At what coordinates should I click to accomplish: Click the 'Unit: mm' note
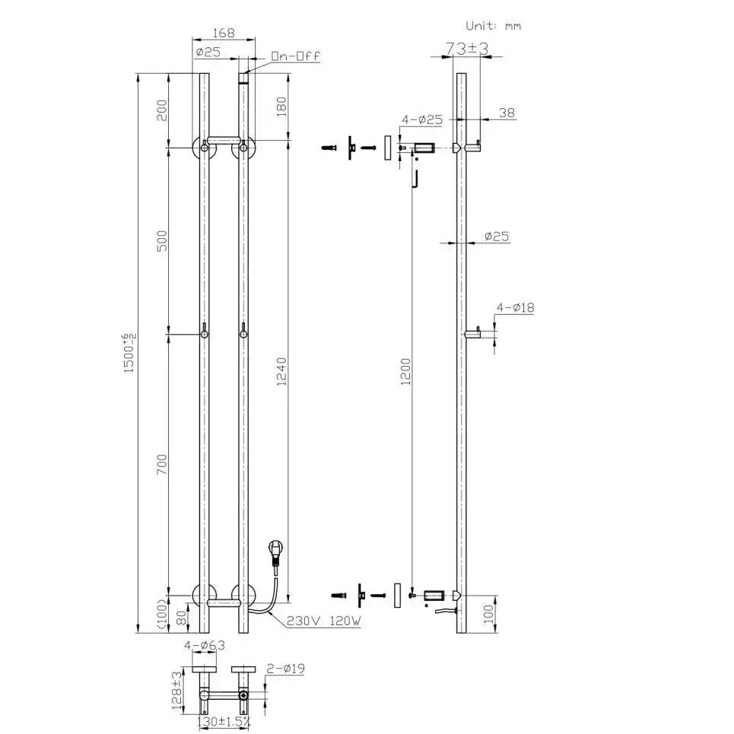488,25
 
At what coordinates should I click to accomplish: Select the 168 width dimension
223,33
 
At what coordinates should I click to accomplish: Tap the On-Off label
296,55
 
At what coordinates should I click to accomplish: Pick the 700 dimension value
161,465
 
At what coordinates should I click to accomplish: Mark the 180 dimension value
281,107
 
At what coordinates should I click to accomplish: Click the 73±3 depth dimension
466,49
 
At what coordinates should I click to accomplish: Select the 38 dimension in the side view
506,112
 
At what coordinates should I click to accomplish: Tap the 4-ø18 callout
515,307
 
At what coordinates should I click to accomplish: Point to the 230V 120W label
324,621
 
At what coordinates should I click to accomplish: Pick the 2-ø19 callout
285,669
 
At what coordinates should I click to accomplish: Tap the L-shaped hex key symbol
416,180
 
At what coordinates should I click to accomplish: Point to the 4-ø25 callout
422,119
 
